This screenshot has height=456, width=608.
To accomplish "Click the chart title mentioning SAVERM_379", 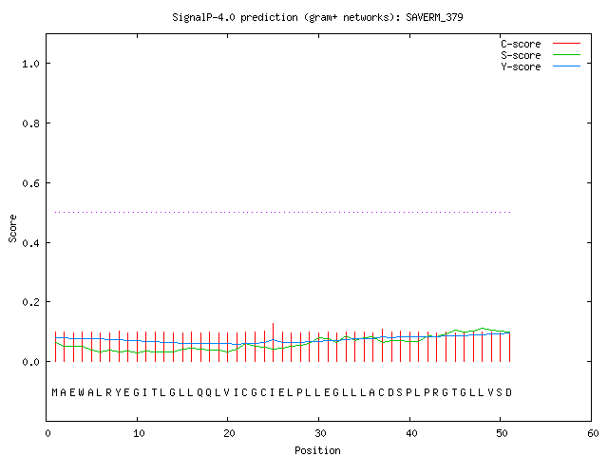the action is coord(317,17).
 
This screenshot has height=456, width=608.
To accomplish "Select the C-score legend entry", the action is coord(541,44).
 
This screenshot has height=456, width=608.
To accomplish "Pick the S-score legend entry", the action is coord(541,55).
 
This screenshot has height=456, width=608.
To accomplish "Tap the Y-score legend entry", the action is coord(541,66).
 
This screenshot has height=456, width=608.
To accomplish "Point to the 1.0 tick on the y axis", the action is coord(31,64).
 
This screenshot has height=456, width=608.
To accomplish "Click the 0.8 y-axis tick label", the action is coord(31,123).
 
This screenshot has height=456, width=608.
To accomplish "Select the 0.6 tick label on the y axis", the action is coord(31,183).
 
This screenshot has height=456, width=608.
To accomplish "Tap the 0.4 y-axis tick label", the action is coord(31,243).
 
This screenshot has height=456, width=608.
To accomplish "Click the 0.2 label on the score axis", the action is coord(31,302).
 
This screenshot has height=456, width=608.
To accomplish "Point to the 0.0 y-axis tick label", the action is coord(31,362).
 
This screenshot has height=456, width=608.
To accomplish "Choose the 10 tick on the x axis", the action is coord(139,433).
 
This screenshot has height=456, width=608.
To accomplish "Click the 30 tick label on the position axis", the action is coord(320,433).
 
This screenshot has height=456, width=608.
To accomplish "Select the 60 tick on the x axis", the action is coord(593,433).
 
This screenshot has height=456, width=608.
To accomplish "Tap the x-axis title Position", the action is coord(317,450).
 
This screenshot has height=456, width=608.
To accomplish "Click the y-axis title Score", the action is coord(12,228).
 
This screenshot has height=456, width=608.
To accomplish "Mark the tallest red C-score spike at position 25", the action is coord(273,342).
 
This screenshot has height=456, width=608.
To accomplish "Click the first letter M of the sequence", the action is coord(55,392).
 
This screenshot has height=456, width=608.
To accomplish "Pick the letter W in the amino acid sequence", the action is coord(82,392).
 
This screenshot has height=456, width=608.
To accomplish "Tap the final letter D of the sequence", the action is coord(509,392).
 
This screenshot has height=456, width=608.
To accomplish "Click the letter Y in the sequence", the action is coord(118,392).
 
